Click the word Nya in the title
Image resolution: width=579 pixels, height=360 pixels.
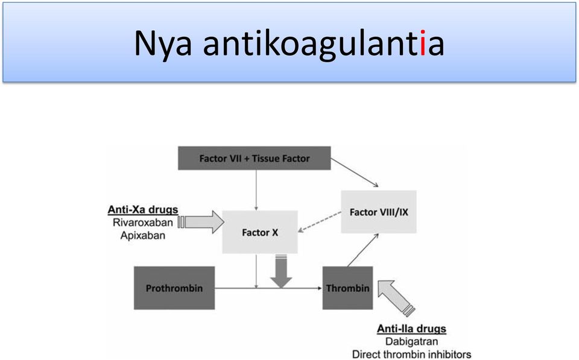point(162,44)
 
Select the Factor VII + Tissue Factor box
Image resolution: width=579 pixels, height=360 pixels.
point(255,159)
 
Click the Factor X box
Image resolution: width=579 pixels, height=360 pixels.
point(260,232)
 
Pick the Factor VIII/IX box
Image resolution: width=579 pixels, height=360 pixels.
point(379,212)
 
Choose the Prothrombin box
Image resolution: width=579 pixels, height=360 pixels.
point(174,288)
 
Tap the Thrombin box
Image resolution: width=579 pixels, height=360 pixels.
point(348,288)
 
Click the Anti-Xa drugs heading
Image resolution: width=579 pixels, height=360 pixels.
point(143,210)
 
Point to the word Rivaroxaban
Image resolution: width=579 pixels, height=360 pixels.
point(143,223)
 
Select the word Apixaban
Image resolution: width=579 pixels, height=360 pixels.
point(143,236)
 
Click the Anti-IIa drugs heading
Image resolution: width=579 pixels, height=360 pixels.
point(411,329)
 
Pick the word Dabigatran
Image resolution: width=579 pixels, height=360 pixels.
point(412,341)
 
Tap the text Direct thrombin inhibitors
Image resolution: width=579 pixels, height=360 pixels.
point(412,355)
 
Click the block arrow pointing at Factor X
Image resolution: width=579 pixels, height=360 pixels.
point(201,222)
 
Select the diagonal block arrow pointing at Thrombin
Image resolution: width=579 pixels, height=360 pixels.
point(395,297)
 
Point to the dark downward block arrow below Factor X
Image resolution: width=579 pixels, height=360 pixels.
point(281,271)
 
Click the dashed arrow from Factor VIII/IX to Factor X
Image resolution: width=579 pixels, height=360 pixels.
point(320,222)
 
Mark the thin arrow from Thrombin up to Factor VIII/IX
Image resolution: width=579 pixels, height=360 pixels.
point(363,250)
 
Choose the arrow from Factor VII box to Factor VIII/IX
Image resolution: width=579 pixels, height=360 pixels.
point(355,172)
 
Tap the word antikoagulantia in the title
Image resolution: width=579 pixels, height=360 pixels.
point(323,44)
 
